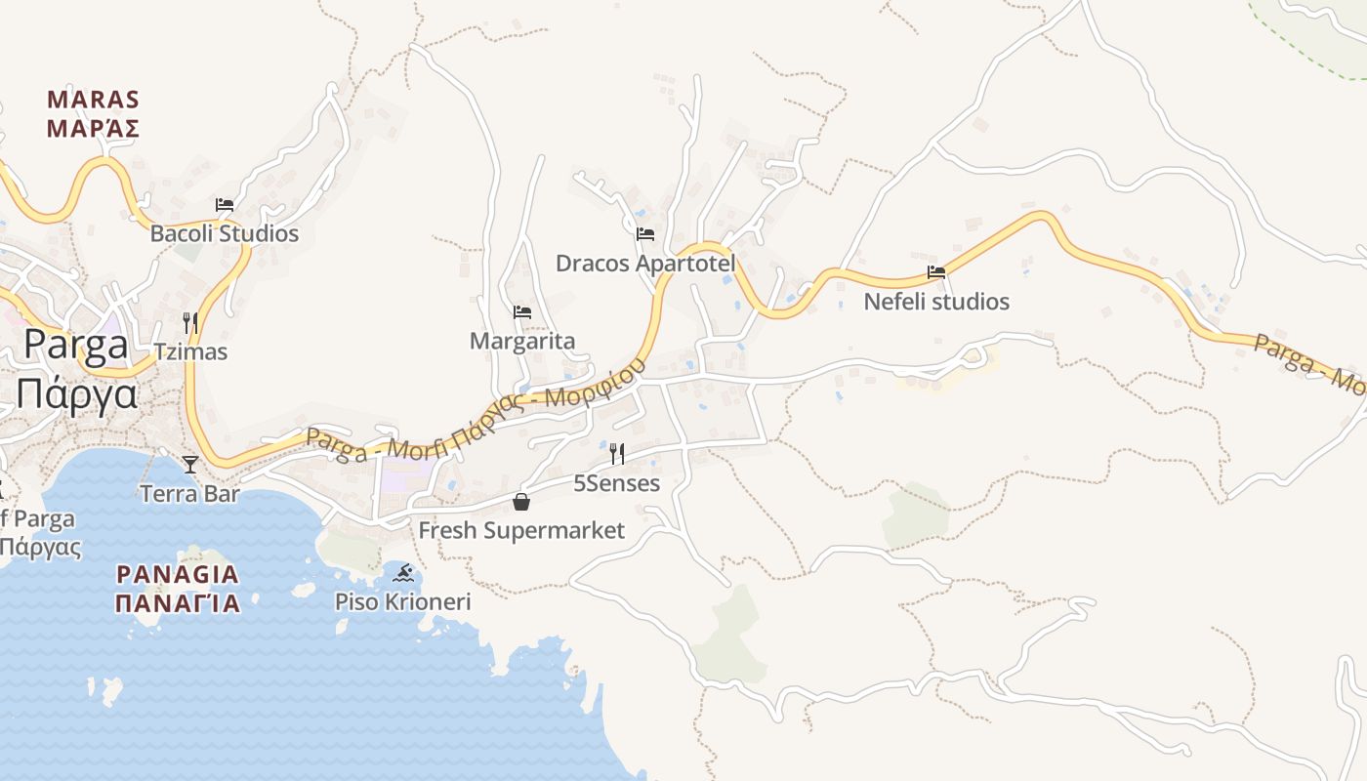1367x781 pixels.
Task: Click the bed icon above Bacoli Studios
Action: [225, 205]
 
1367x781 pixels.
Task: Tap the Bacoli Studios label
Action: [225, 234]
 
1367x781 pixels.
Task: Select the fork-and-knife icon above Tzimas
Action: [190, 322]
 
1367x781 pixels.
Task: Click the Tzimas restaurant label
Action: [190, 351]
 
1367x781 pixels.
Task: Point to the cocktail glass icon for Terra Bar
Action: [190, 465]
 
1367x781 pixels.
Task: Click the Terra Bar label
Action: [190, 494]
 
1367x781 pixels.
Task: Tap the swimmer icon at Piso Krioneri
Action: [403, 572]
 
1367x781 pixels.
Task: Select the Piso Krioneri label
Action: [403, 601]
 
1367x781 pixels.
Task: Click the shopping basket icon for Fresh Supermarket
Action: [521, 502]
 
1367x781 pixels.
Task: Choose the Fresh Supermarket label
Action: [521, 531]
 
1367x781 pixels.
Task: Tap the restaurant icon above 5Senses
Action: [616, 454]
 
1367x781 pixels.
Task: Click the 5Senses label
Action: [616, 483]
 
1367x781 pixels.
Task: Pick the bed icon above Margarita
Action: [522, 312]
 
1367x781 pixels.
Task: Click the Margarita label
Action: [522, 342]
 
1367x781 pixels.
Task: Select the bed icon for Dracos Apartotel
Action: [645, 234]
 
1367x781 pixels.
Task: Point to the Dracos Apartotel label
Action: [645, 264]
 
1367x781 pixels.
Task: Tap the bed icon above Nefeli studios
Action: [936, 272]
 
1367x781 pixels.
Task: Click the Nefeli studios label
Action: [936, 302]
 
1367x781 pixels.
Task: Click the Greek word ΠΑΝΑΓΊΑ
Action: [178, 603]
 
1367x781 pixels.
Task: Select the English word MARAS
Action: [94, 100]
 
